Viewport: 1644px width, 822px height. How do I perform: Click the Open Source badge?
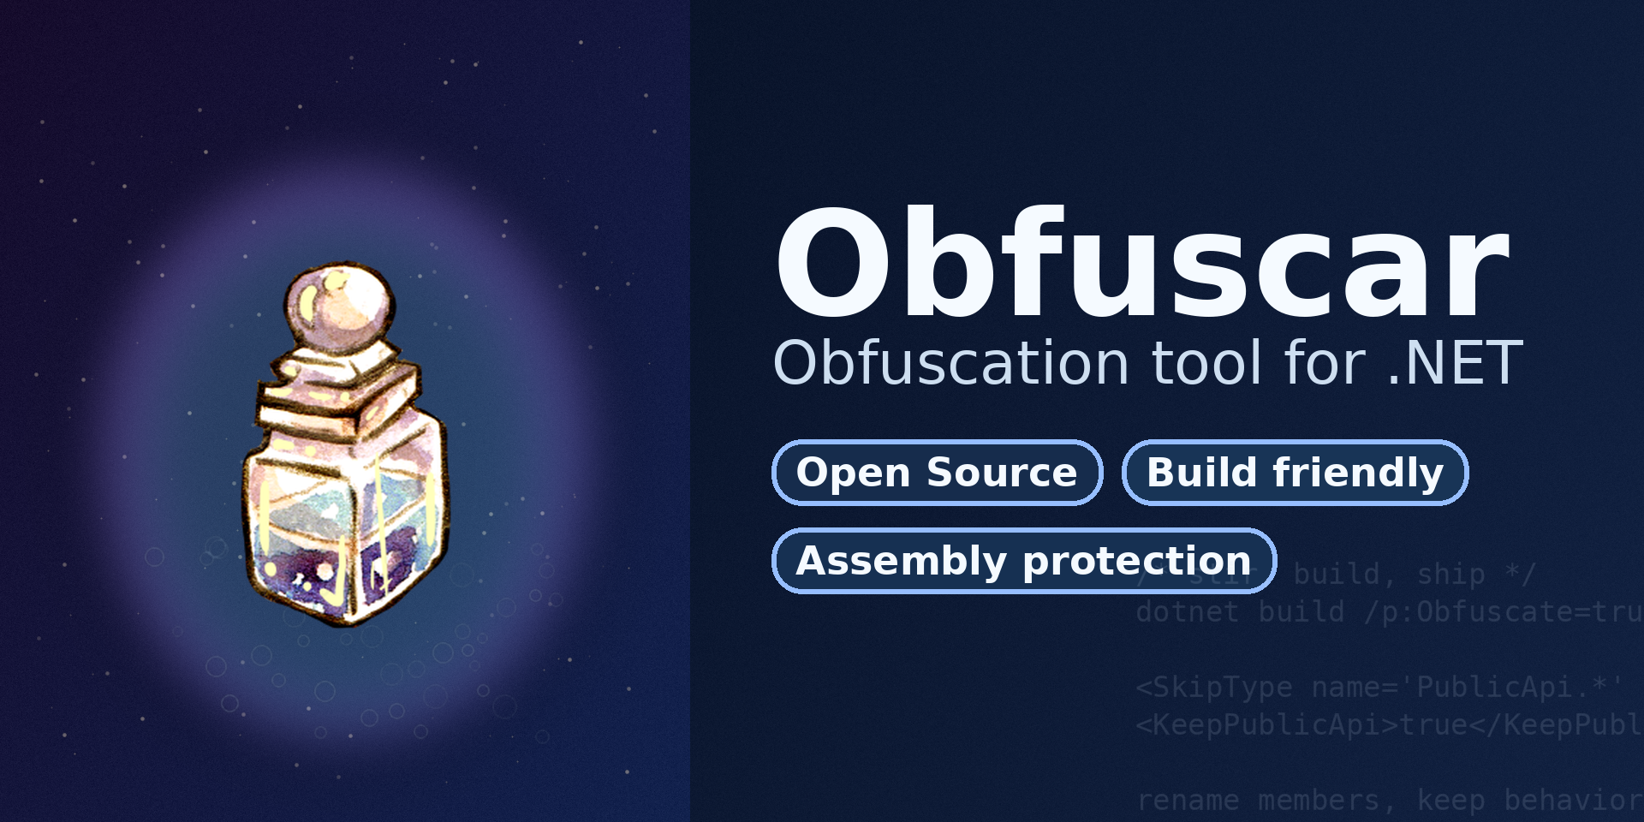pyautogui.click(x=937, y=473)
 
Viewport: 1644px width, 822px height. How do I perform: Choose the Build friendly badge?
pyautogui.click(x=1295, y=473)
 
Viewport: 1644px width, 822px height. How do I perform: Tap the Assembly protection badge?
pyautogui.click(x=1024, y=561)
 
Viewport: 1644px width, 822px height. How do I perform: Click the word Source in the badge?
pyautogui.click(x=1002, y=473)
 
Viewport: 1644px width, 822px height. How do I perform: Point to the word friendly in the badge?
pyautogui.click(x=1358, y=473)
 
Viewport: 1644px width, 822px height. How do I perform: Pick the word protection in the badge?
pyautogui.click(x=1137, y=561)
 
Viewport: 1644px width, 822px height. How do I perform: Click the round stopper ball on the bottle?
pyautogui.click(x=340, y=304)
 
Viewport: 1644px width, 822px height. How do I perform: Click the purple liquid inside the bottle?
pyautogui.click(x=342, y=569)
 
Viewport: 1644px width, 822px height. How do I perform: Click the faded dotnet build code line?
pyautogui.click(x=1387, y=612)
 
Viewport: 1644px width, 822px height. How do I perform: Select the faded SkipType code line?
pyautogui.click(x=1379, y=687)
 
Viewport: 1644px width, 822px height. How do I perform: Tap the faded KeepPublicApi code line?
pyautogui.click(x=1387, y=725)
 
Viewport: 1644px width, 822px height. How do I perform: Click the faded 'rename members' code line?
pyautogui.click(x=1387, y=800)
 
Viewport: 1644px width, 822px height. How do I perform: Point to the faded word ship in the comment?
pyautogui.click(x=1450, y=574)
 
